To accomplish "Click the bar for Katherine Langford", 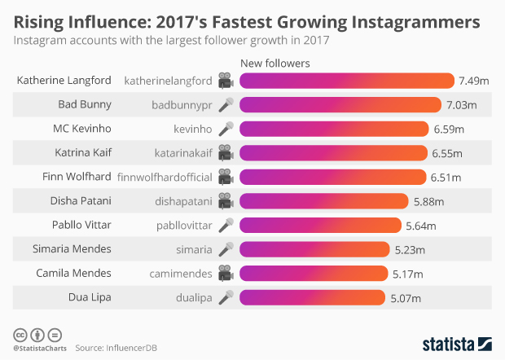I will (x=347, y=81).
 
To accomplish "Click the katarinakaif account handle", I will (x=183, y=152).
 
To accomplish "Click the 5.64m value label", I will (x=421, y=226).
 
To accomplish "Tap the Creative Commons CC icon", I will (x=19, y=334).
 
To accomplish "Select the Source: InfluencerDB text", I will (x=116, y=348).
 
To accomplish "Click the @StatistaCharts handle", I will (x=38, y=349).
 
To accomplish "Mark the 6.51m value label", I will (x=445, y=177).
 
